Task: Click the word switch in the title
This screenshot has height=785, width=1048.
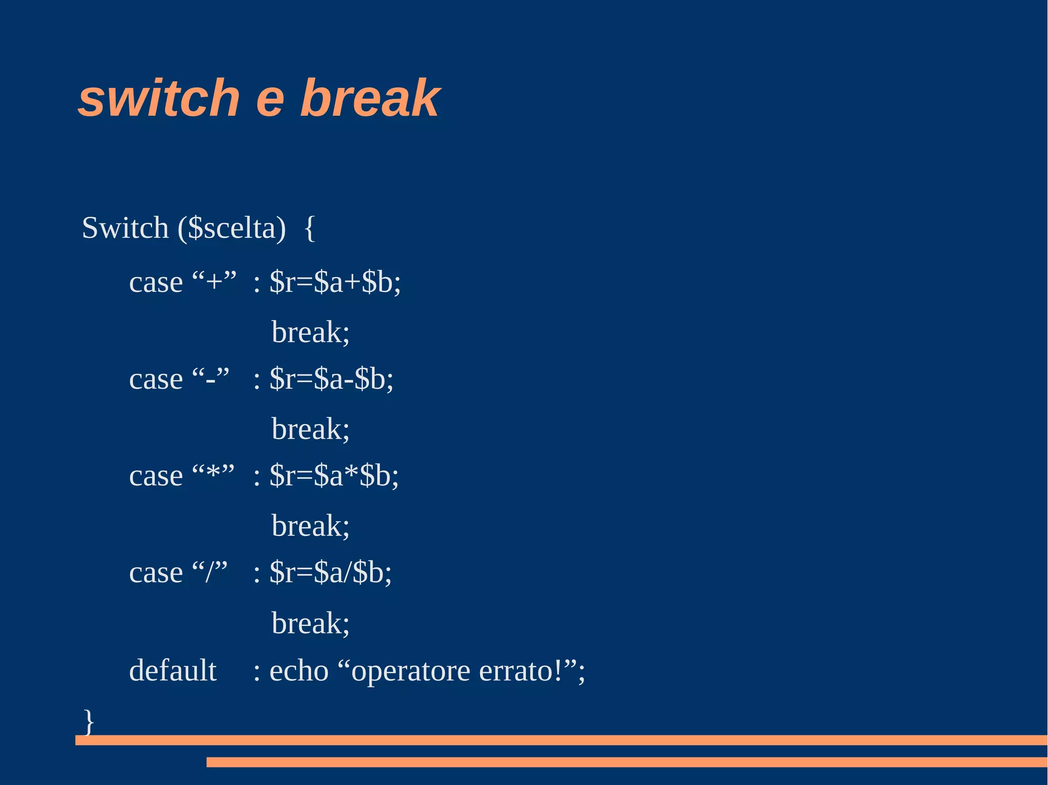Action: click(x=159, y=98)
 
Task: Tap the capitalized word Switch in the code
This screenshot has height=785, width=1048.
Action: click(x=125, y=228)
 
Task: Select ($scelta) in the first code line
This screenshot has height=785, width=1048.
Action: click(x=232, y=228)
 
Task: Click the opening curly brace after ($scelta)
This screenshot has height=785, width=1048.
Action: click(x=310, y=228)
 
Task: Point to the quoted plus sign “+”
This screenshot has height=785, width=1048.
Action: click(x=214, y=282)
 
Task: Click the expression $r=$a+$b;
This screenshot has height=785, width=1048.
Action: click(x=335, y=282)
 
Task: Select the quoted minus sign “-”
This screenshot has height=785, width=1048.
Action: click(x=210, y=379)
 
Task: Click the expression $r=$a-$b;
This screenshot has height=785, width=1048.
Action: click(x=332, y=379)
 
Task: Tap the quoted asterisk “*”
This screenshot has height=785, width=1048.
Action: click(x=213, y=475)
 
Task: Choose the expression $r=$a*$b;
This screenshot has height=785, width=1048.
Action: click(x=334, y=476)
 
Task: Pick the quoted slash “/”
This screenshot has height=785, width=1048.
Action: click(x=209, y=572)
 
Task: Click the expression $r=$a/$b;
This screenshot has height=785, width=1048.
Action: click(x=331, y=572)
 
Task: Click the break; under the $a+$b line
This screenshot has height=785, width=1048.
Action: click(x=310, y=332)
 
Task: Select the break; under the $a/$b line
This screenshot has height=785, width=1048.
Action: click(x=310, y=623)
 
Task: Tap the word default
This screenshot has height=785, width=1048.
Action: click(x=173, y=670)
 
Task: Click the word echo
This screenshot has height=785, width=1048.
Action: click(x=299, y=671)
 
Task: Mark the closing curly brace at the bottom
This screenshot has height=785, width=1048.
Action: click(x=89, y=721)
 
